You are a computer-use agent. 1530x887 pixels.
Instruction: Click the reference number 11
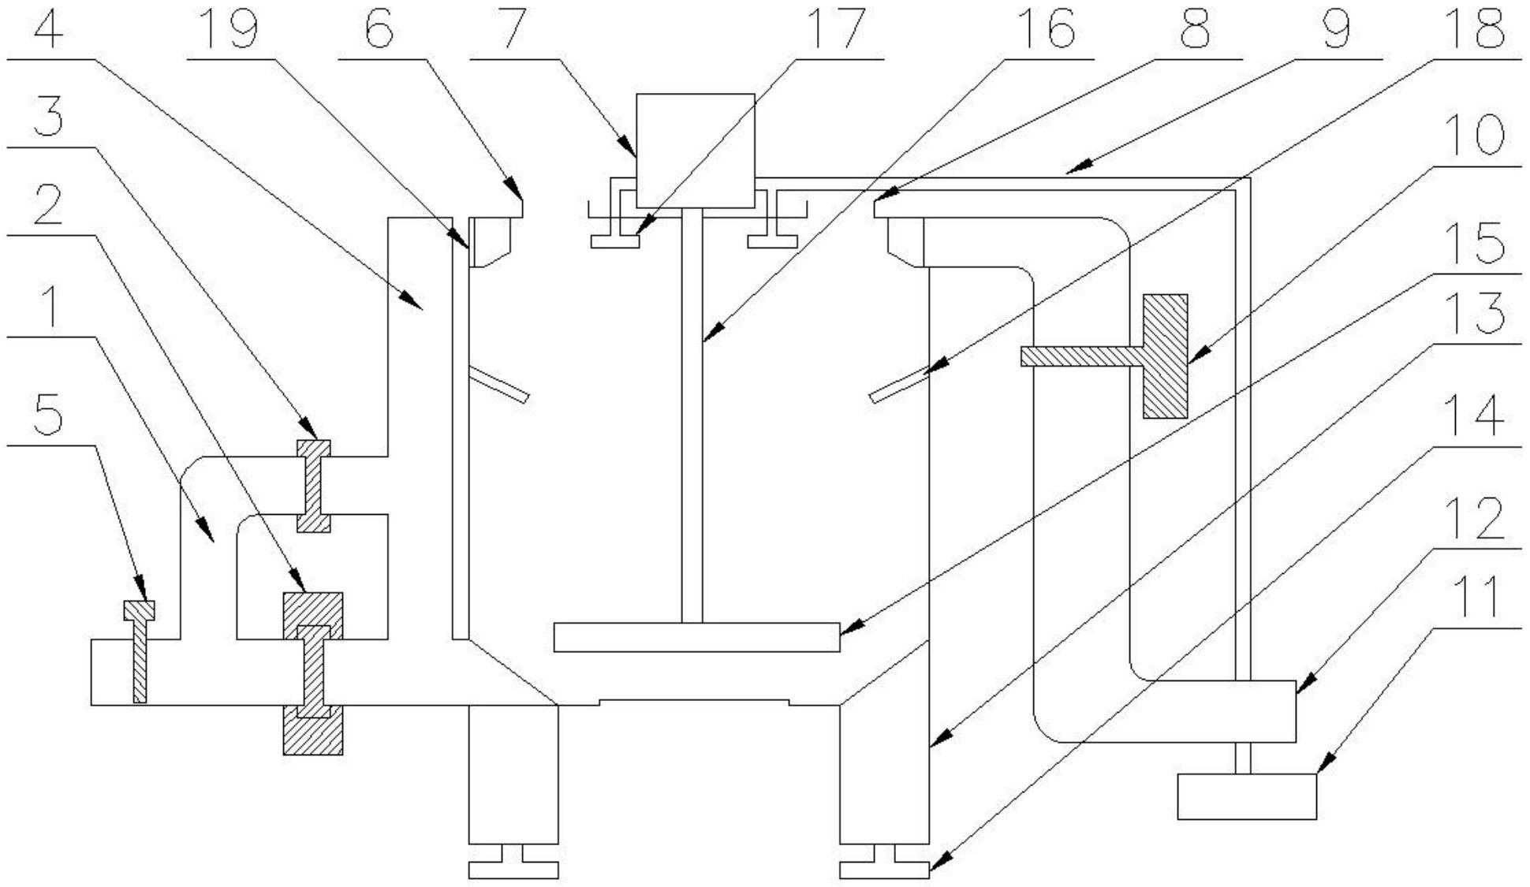click(x=1480, y=598)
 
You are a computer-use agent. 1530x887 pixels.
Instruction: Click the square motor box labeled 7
click(x=695, y=151)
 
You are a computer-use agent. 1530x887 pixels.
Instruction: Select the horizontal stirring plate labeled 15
click(x=696, y=637)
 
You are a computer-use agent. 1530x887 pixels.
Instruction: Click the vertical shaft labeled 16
click(x=692, y=414)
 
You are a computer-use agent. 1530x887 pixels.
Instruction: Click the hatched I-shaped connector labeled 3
click(x=313, y=486)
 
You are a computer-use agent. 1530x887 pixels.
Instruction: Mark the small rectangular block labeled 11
click(x=1246, y=796)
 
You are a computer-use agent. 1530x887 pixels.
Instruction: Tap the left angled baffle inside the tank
click(x=498, y=385)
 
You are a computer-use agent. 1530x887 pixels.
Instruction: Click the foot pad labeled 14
click(x=884, y=870)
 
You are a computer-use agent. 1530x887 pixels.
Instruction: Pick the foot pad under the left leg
click(x=513, y=870)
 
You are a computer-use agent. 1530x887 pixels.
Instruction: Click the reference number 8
click(x=1195, y=30)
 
